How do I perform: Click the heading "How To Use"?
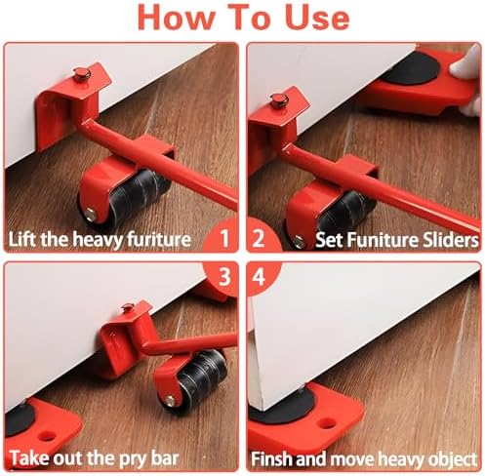tap(243, 18)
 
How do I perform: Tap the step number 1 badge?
tap(223, 237)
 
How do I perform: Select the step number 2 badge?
tap(261, 237)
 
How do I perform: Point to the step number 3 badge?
tap(223, 277)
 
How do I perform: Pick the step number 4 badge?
tap(261, 277)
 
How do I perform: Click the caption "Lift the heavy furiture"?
tap(100, 239)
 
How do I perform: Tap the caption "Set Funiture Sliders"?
tap(396, 240)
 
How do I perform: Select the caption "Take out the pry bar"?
tap(95, 458)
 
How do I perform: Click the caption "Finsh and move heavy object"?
tap(364, 459)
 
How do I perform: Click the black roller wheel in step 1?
tap(130, 198)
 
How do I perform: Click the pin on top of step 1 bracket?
tap(81, 74)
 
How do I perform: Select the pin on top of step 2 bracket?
tap(279, 100)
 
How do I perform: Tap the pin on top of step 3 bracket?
tap(128, 307)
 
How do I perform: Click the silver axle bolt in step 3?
tap(170, 401)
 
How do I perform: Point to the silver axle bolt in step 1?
tap(91, 214)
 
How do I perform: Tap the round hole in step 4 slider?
tap(327, 423)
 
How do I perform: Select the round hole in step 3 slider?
tap(48, 436)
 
